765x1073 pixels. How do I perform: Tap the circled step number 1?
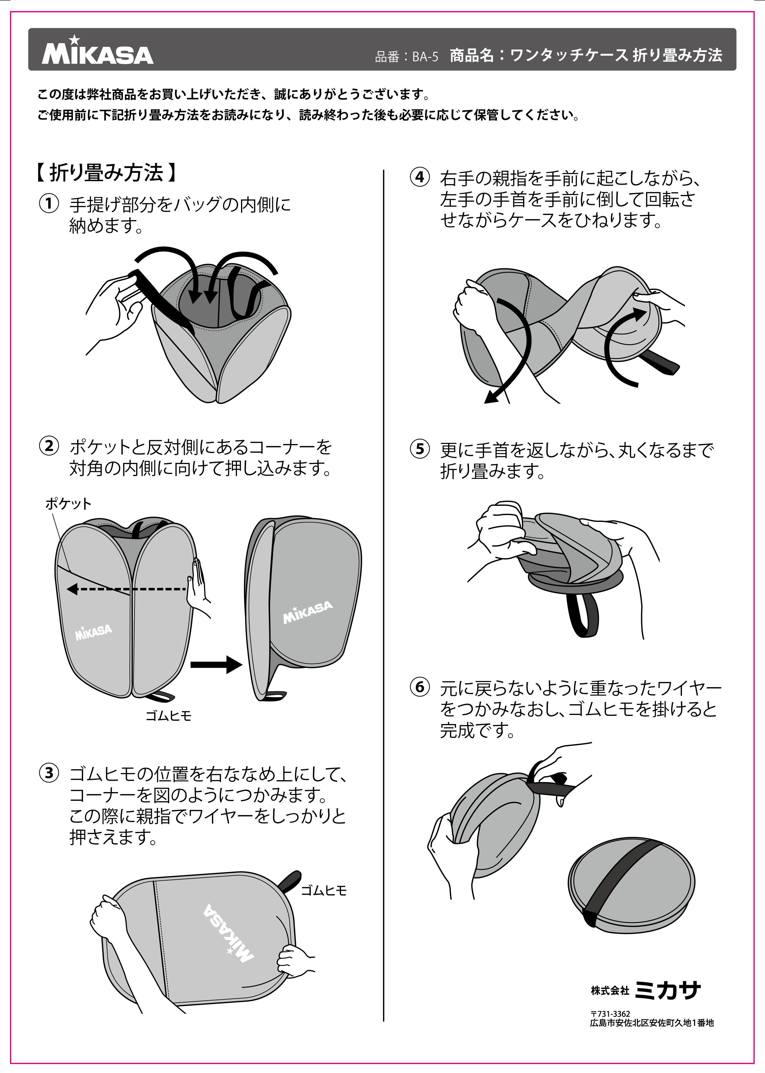[x=49, y=204]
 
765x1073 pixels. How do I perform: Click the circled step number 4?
[x=420, y=177]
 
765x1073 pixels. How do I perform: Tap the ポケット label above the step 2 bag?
[x=68, y=504]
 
